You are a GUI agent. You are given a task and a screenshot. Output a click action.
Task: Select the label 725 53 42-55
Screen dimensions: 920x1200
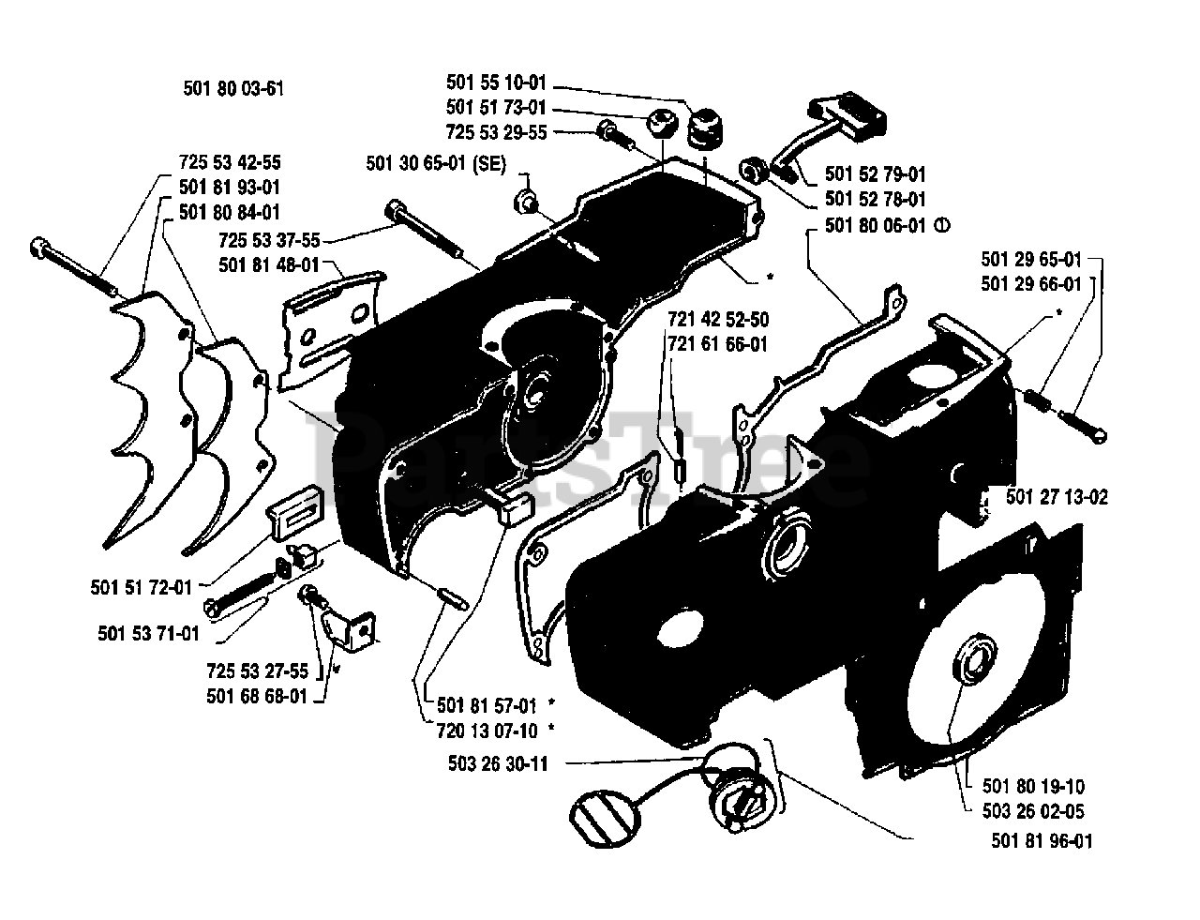[x=230, y=162]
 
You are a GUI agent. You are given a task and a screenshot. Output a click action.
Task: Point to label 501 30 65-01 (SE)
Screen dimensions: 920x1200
[x=436, y=164]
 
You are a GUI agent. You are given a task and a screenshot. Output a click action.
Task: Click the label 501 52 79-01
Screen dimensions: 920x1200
[x=876, y=174]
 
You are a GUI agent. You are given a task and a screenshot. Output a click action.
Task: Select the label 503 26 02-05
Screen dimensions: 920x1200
[x=1034, y=812]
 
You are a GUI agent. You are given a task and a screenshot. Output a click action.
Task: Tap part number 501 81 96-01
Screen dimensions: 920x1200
[x=1042, y=841]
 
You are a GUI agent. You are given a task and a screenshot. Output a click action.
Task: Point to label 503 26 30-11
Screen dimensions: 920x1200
[x=498, y=764]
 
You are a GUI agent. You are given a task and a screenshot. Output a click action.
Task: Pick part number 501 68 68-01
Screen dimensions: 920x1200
[x=256, y=696]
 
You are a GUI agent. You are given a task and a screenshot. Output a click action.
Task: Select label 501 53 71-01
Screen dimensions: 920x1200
[x=148, y=633]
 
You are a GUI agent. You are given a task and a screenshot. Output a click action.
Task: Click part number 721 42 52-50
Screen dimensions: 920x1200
[x=717, y=320]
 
